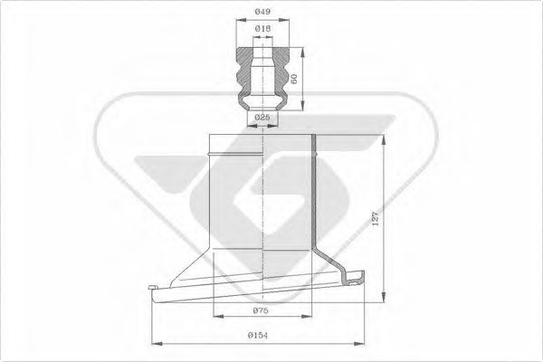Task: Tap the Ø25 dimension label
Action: (x=262, y=119)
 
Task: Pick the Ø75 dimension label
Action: (x=262, y=310)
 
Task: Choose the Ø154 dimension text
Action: (x=262, y=335)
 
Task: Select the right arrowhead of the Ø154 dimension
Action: (x=370, y=343)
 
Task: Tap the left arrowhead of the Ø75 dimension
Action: (x=217, y=319)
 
